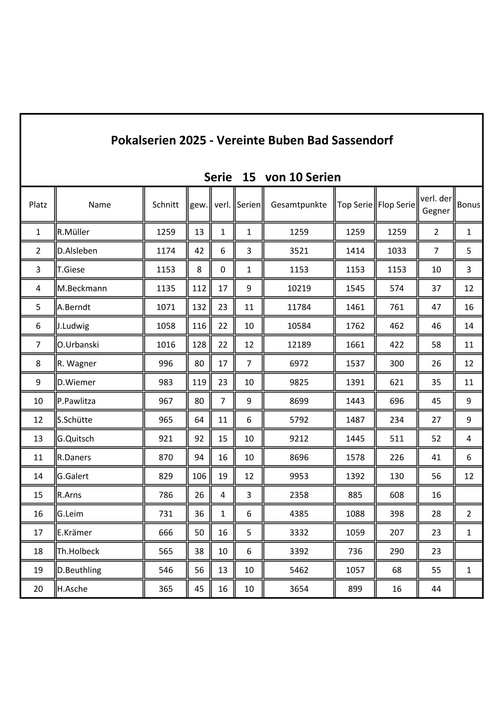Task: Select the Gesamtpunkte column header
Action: (x=299, y=205)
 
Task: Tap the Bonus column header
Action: (x=468, y=205)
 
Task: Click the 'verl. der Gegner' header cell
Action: (x=436, y=205)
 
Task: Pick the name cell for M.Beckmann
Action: (x=82, y=289)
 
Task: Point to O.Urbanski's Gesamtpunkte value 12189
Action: (x=299, y=345)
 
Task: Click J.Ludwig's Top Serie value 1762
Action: (x=355, y=326)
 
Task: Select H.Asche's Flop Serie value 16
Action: (x=396, y=589)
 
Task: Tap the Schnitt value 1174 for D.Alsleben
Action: (x=166, y=251)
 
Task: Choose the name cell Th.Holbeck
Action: (x=79, y=551)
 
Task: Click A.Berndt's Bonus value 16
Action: (x=468, y=307)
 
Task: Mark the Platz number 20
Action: (x=38, y=589)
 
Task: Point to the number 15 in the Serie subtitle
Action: (x=249, y=177)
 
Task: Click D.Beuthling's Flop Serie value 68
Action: (x=396, y=570)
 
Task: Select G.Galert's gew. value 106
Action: (x=199, y=476)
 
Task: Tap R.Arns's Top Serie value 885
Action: (x=355, y=495)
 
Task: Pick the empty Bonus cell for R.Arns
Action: (x=468, y=495)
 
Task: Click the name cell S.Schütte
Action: (x=75, y=420)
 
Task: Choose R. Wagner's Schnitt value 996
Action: (x=166, y=363)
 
